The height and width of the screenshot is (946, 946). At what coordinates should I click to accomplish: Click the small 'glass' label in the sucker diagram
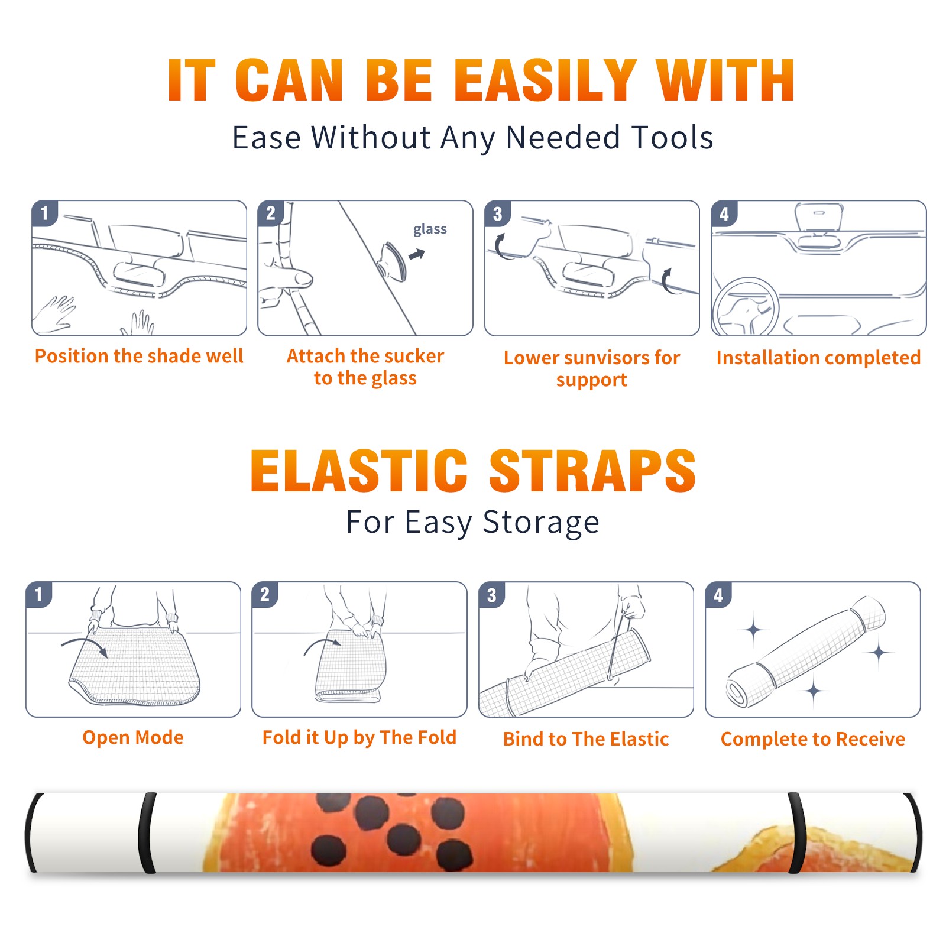(430, 229)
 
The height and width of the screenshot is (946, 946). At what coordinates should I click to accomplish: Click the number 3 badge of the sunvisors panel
(497, 213)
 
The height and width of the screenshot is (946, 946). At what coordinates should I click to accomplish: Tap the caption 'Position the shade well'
(139, 356)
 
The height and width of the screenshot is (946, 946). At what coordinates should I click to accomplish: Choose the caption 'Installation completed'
(818, 357)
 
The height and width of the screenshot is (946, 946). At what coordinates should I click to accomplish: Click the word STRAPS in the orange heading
(592, 471)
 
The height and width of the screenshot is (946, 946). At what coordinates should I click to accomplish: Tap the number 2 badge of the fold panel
(265, 595)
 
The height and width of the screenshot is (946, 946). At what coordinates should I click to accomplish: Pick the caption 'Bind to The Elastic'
(586, 738)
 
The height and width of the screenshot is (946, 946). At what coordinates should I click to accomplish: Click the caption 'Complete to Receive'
(813, 738)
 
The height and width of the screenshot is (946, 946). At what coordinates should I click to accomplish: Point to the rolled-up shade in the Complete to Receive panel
(806, 652)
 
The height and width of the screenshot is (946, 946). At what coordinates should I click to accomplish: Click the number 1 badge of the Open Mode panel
(39, 595)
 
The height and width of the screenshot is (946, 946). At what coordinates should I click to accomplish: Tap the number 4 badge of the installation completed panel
(724, 213)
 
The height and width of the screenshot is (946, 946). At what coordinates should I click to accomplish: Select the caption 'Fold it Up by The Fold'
(359, 737)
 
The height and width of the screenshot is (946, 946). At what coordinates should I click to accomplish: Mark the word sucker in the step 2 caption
(412, 356)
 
